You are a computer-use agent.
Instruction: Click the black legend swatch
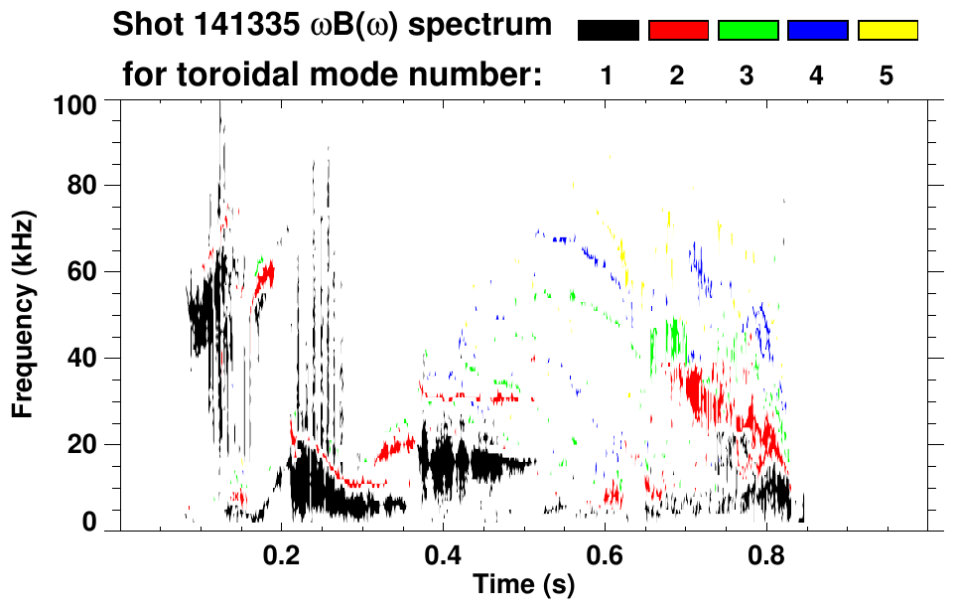(x=609, y=31)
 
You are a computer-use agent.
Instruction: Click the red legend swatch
(x=678, y=31)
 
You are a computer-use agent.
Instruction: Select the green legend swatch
(x=748, y=31)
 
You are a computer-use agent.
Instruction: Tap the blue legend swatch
(x=817, y=31)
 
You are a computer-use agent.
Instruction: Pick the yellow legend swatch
(x=887, y=31)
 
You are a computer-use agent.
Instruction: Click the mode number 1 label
(x=608, y=76)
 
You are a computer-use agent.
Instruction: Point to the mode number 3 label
(x=748, y=76)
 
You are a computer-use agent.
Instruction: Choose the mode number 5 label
(x=887, y=76)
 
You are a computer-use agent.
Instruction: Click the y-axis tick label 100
(x=75, y=103)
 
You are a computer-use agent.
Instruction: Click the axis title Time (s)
(x=523, y=585)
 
